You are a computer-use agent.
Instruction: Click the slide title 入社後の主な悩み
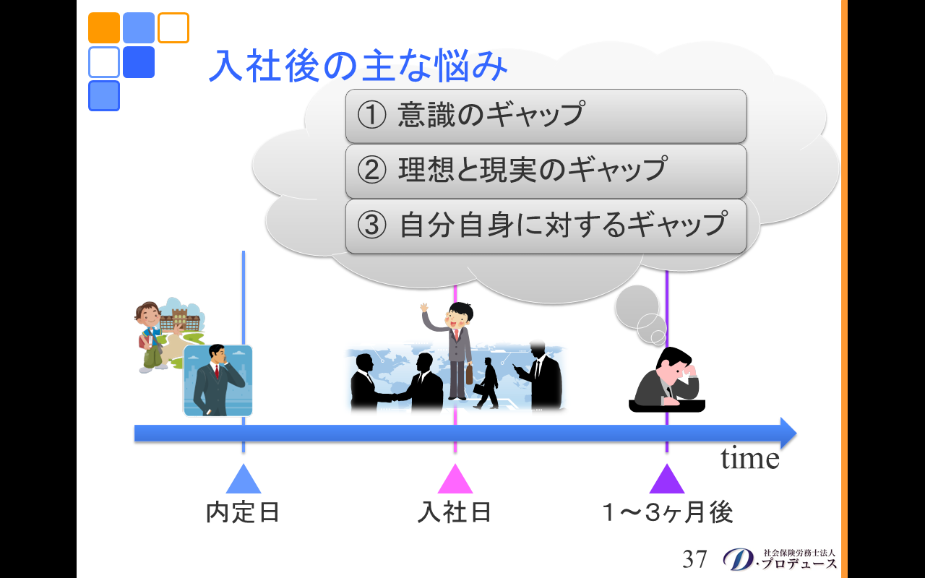point(358,65)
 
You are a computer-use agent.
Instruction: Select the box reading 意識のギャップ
point(546,116)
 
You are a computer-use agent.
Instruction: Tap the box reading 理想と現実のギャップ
point(546,171)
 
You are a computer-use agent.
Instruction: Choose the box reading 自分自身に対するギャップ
point(546,226)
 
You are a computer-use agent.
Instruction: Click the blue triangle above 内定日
point(244,480)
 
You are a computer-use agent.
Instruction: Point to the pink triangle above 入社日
point(455,480)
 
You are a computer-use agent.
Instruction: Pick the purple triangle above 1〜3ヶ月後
point(667,480)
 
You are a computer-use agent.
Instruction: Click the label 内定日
point(243,512)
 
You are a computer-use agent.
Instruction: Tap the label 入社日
point(455,512)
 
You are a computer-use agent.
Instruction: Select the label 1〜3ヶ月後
point(668,512)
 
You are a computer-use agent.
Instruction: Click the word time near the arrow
point(750,458)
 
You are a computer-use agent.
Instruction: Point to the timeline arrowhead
point(788,433)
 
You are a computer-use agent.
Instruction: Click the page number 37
point(694,559)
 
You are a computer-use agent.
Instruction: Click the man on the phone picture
point(218,381)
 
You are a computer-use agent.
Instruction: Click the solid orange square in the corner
point(104,27)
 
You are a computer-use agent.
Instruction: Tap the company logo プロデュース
point(780,559)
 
